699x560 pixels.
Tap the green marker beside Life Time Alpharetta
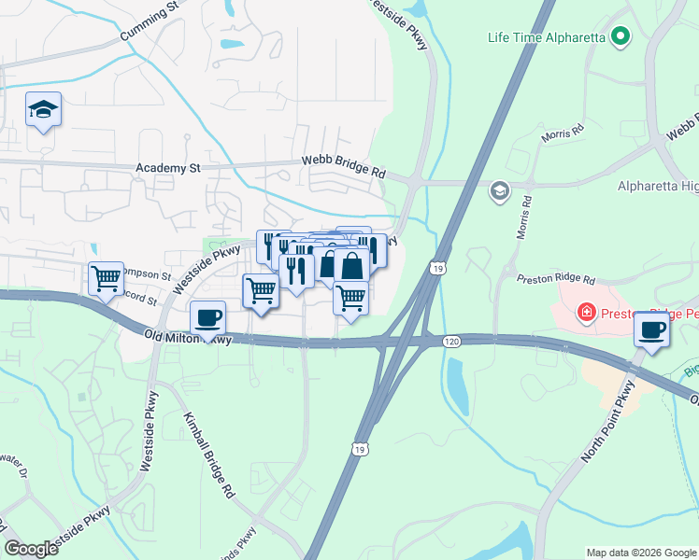pyautogui.click(x=620, y=38)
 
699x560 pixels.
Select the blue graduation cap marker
pyautogui.click(x=43, y=111)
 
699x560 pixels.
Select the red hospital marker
pyautogui.click(x=586, y=311)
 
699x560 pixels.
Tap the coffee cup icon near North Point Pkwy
pyautogui.click(x=651, y=329)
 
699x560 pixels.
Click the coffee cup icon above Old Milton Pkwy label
pyautogui.click(x=207, y=317)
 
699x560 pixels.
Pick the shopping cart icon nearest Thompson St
pyautogui.click(x=107, y=277)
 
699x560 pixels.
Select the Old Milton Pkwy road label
pyautogui.click(x=187, y=337)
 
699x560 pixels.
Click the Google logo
pyautogui.click(x=31, y=549)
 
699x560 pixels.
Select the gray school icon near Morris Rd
pyautogui.click(x=499, y=191)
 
